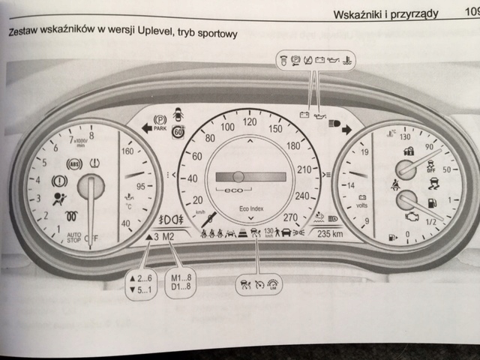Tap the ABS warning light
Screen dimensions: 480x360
(73, 163)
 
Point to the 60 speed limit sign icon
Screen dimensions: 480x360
(178, 133)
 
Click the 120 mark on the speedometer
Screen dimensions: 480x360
(250, 121)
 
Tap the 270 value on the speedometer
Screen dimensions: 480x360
(291, 217)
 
